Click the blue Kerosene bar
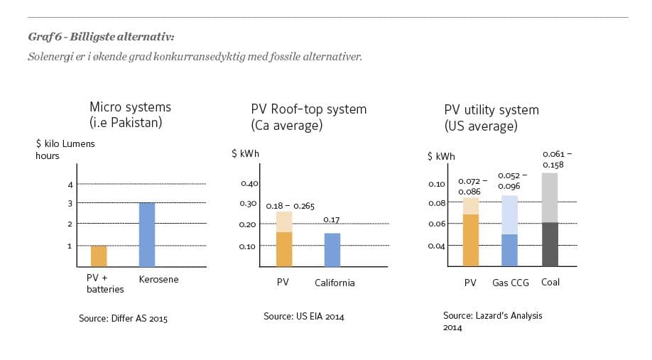147,234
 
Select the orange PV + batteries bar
99,256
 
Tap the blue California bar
332,250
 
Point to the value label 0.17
332,220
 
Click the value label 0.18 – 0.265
290,206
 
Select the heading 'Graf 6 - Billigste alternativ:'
101,37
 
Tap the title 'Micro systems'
130,108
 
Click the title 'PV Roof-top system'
308,109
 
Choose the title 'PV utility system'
491,110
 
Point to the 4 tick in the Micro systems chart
70,185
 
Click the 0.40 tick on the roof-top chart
249,183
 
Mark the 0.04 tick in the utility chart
436,246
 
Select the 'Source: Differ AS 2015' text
123,319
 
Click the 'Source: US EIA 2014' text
303,316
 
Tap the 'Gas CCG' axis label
511,283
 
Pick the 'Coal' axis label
550,282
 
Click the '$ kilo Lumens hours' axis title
65,149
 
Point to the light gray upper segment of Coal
550,197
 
